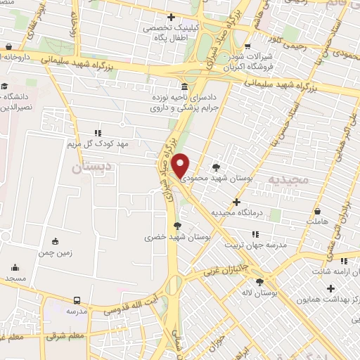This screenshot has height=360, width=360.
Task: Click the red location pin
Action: point(181,166)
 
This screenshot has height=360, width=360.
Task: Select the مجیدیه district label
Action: point(288,180)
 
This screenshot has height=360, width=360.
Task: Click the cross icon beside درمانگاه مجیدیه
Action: point(255,202)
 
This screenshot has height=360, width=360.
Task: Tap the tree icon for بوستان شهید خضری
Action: point(177,226)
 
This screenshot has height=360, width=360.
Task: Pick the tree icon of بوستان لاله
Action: point(260,282)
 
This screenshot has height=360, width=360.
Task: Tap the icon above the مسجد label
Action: point(15,267)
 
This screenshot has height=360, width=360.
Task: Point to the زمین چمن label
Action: point(56,251)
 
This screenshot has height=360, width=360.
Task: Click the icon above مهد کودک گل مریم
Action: point(98,132)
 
